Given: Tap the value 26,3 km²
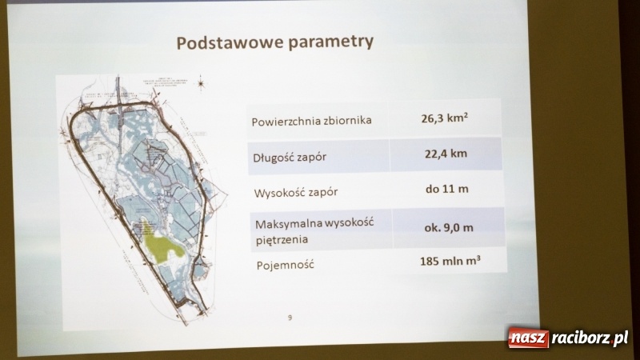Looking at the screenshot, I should [x=445, y=119].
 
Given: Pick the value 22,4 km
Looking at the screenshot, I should [x=446, y=154].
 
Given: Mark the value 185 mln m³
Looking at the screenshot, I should [x=450, y=262].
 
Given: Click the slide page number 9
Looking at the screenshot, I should [x=290, y=318].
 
